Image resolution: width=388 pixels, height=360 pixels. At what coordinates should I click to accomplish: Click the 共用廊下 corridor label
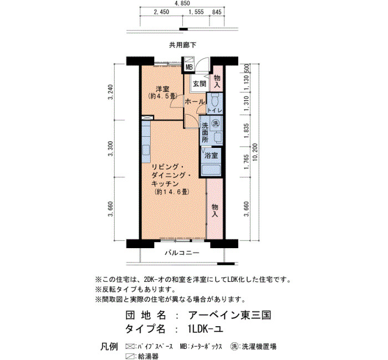(182, 45)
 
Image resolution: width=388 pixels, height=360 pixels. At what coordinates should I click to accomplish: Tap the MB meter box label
(189, 67)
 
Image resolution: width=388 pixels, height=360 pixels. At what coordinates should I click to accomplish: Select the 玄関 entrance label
(200, 84)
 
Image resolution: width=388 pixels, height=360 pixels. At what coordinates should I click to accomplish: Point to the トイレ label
(215, 111)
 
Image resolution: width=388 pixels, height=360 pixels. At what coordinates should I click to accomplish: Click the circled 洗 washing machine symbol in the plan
(216, 123)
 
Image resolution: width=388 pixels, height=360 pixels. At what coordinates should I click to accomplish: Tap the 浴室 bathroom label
(211, 156)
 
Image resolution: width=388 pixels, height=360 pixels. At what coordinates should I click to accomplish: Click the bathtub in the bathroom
(211, 170)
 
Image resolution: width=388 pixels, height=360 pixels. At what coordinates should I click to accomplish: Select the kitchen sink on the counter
(146, 150)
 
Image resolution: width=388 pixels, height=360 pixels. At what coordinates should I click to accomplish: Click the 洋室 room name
(162, 89)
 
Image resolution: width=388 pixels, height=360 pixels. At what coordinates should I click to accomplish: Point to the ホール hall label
(195, 101)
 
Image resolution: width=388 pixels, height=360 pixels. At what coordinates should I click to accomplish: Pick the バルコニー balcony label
(182, 253)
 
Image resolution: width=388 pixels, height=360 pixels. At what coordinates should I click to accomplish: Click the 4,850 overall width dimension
(182, 3)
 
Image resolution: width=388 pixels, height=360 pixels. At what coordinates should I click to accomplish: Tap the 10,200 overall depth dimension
(255, 152)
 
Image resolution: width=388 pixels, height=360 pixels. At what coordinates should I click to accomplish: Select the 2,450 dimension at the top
(161, 12)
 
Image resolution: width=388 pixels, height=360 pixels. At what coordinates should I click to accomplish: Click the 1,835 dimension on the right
(246, 131)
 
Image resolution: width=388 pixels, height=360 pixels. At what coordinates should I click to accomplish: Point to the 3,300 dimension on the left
(110, 148)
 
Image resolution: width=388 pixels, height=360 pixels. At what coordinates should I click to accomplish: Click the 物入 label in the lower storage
(215, 210)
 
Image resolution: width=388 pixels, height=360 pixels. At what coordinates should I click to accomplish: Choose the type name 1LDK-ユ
(206, 329)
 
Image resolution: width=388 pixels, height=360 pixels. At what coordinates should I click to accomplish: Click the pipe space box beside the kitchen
(147, 117)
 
